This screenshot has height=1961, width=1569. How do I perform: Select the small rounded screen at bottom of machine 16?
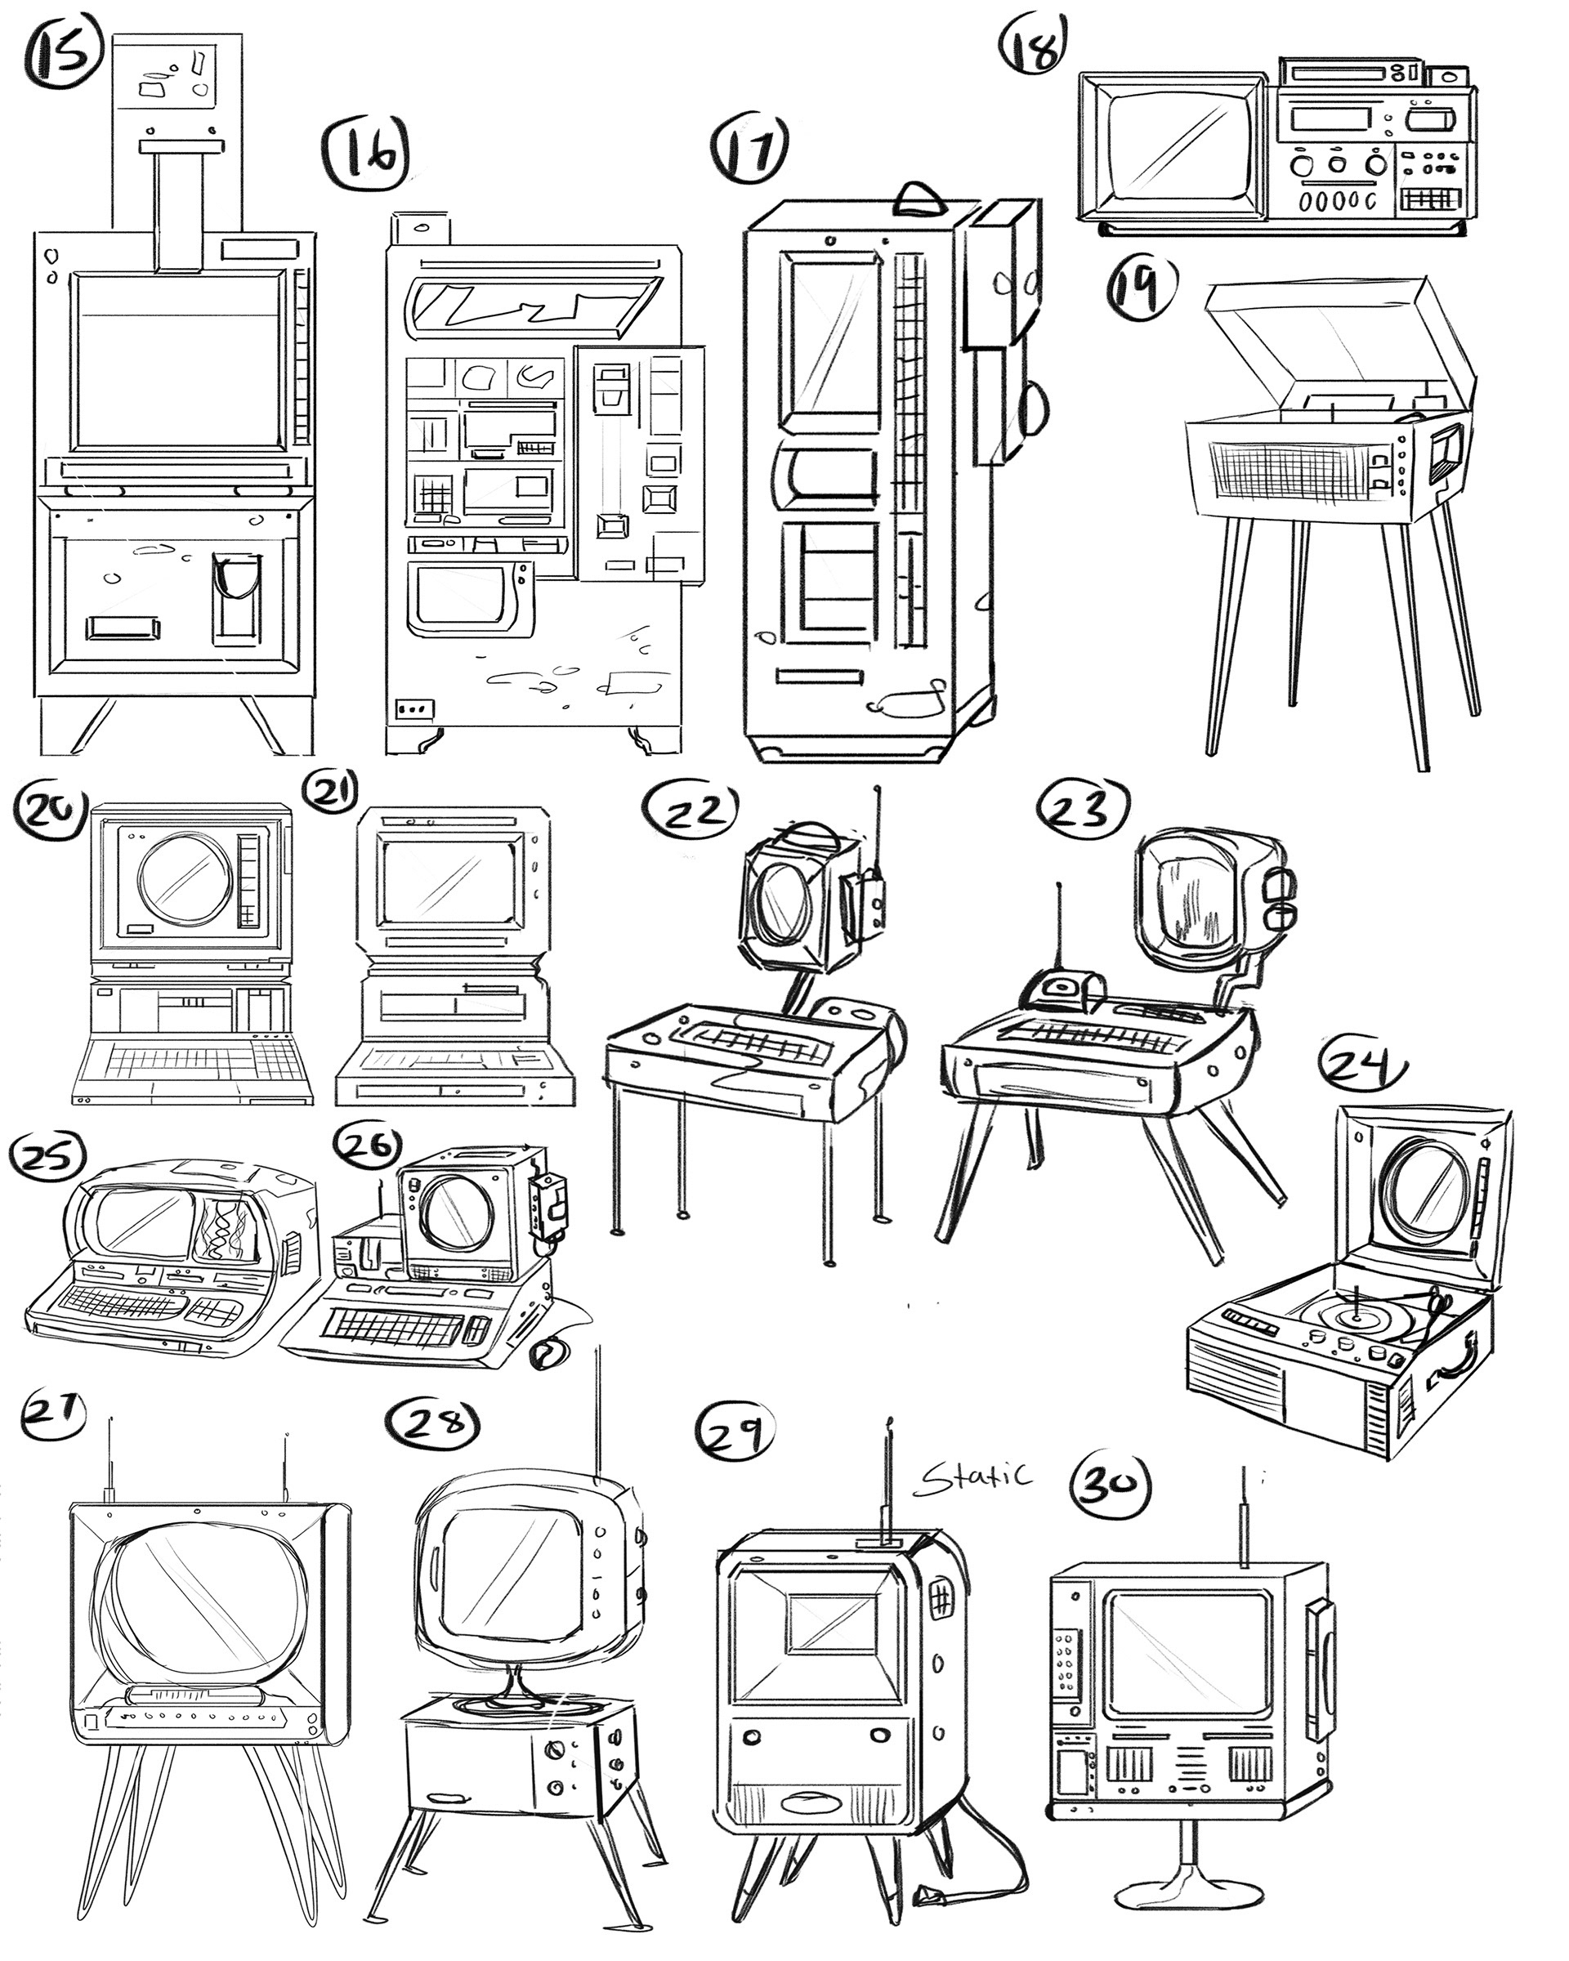(459, 596)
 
